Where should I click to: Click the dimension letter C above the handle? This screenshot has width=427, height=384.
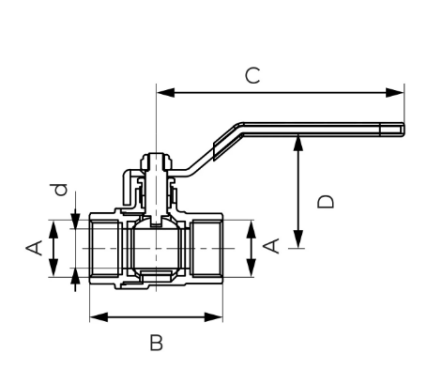pyautogui.click(x=252, y=75)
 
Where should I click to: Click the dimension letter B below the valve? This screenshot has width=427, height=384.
pyautogui.click(x=157, y=343)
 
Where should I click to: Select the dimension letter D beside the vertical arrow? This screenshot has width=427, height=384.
pyautogui.click(x=326, y=202)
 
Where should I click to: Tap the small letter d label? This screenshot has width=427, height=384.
pyautogui.click(x=61, y=190)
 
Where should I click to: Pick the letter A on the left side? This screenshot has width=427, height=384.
pyautogui.click(x=34, y=248)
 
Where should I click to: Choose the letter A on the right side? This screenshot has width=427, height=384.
pyautogui.click(x=271, y=246)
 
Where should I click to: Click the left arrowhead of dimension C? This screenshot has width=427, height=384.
pyautogui.click(x=166, y=93)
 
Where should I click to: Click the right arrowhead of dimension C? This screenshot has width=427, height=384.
pyautogui.click(x=395, y=93)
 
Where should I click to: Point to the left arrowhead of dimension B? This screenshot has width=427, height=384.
pyautogui.click(x=99, y=317)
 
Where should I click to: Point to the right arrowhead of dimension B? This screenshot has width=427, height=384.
pyautogui.click(x=213, y=317)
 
